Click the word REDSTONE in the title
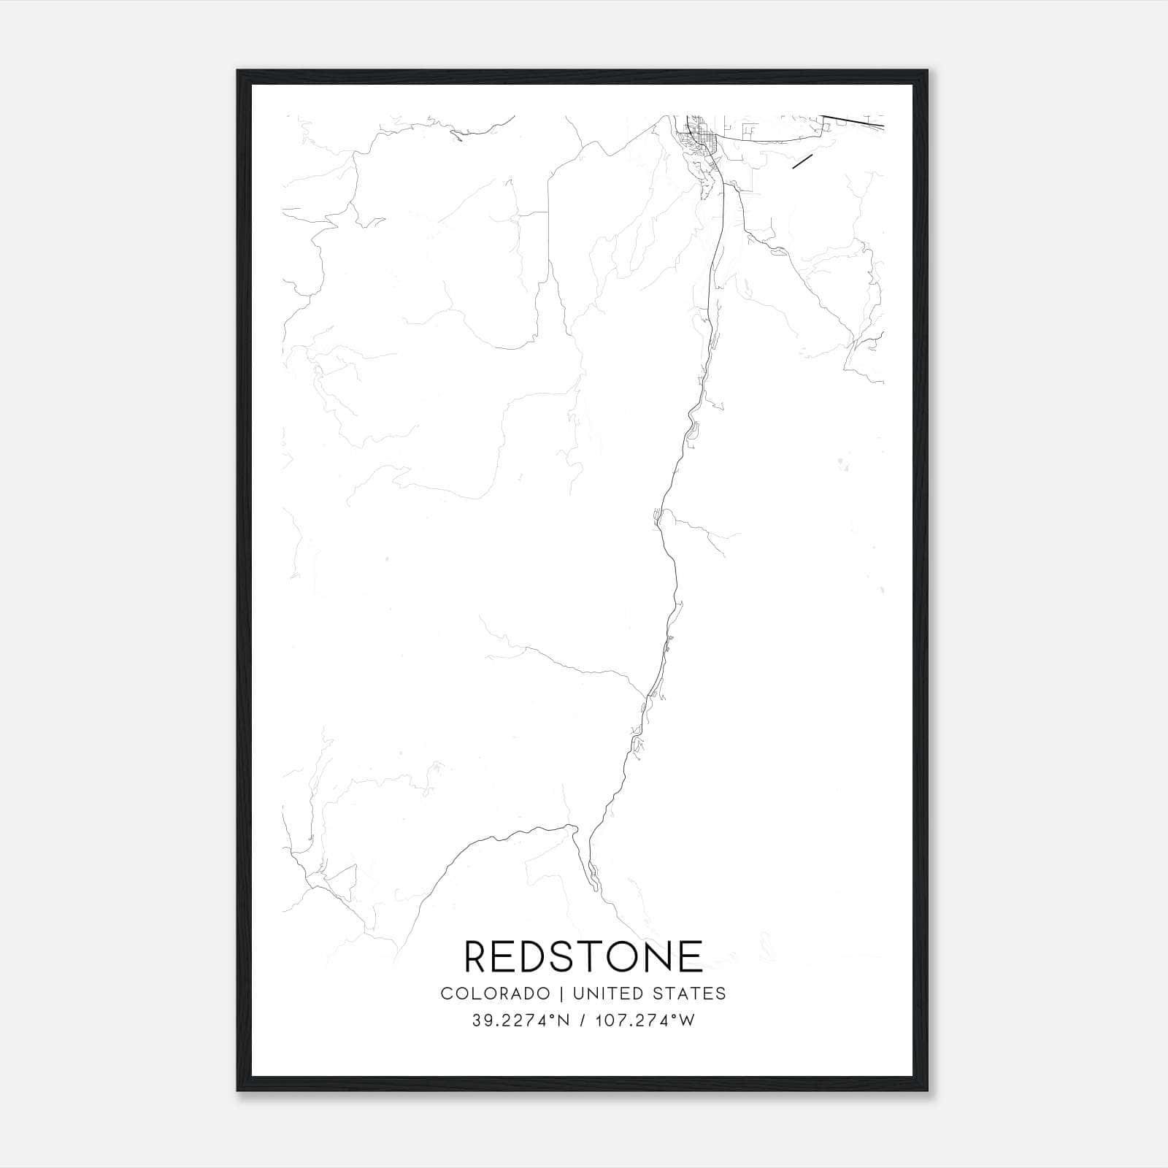point(583,956)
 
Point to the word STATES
point(690,993)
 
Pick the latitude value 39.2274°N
point(520,1021)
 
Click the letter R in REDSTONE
point(476,956)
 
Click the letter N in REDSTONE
point(663,956)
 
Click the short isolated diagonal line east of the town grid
point(802,162)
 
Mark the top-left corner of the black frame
point(239,72)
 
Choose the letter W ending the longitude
point(687,1021)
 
